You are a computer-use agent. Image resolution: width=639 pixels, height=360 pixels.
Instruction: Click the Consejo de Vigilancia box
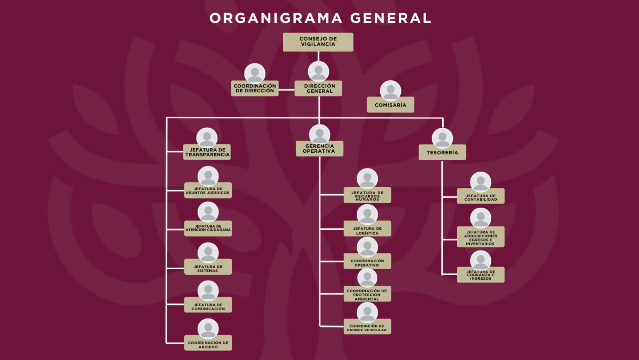pyautogui.click(x=318, y=42)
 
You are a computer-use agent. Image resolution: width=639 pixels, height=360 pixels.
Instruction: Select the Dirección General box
pyautogui.click(x=318, y=89)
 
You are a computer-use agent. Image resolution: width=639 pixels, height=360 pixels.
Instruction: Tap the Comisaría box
pyautogui.click(x=390, y=105)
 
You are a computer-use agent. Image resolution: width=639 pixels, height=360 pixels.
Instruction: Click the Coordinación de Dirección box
pyautogui.click(x=255, y=89)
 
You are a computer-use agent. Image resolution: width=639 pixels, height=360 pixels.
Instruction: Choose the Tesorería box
pyautogui.click(x=442, y=153)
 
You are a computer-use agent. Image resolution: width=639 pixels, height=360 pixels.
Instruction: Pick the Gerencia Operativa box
pyautogui.click(x=319, y=149)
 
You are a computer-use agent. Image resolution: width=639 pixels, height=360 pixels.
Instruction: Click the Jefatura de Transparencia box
pyautogui.click(x=207, y=152)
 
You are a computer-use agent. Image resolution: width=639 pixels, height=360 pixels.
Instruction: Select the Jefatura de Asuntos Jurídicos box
pyautogui.click(x=208, y=191)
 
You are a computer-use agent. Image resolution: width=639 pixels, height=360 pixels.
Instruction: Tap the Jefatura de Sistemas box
pyautogui.click(x=208, y=269)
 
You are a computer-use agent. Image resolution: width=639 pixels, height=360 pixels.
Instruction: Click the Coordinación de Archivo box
pyautogui.click(x=208, y=345)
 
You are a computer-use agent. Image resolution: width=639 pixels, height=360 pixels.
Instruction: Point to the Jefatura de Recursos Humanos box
pyautogui.click(x=367, y=196)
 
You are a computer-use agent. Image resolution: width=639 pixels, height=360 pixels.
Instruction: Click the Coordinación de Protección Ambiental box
pyautogui.click(x=367, y=295)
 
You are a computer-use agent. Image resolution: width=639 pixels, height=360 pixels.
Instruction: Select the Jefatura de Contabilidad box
pyautogui.click(x=480, y=198)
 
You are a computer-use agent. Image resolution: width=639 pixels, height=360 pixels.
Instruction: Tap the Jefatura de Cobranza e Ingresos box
pyautogui.click(x=480, y=276)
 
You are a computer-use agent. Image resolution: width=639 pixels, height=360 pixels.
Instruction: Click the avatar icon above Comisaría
pyautogui.click(x=390, y=90)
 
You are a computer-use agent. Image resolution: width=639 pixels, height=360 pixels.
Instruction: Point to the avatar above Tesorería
pyautogui.click(x=442, y=138)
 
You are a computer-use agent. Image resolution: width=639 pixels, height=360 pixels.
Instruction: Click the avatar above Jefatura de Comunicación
pyautogui.click(x=208, y=290)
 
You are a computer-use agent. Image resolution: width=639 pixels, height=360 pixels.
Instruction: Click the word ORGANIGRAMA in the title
pyautogui.click(x=276, y=18)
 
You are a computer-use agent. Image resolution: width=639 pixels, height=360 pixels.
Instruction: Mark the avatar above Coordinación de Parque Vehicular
pyautogui.click(x=367, y=312)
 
